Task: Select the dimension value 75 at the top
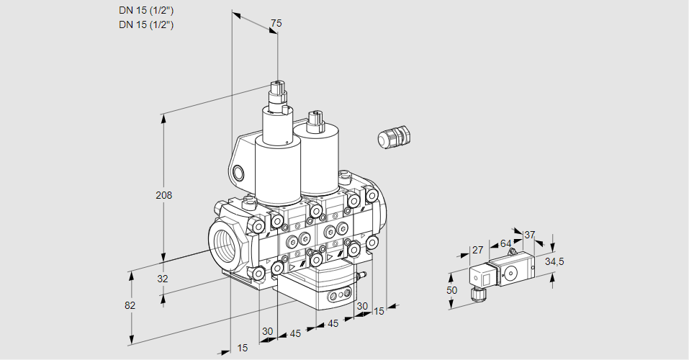(x=276, y=23)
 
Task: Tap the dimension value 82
(x=130, y=305)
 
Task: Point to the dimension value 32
(x=163, y=279)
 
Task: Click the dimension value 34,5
(x=554, y=261)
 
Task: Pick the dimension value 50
(x=451, y=290)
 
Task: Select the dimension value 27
(x=477, y=251)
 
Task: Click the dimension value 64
(x=505, y=244)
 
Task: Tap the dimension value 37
(x=530, y=235)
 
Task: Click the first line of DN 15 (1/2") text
(x=146, y=10)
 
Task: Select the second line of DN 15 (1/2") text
(x=146, y=24)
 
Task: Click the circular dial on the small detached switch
(x=512, y=273)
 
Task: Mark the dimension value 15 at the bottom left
(x=243, y=348)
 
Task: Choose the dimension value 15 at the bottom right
(x=379, y=311)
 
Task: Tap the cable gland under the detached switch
(x=475, y=293)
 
